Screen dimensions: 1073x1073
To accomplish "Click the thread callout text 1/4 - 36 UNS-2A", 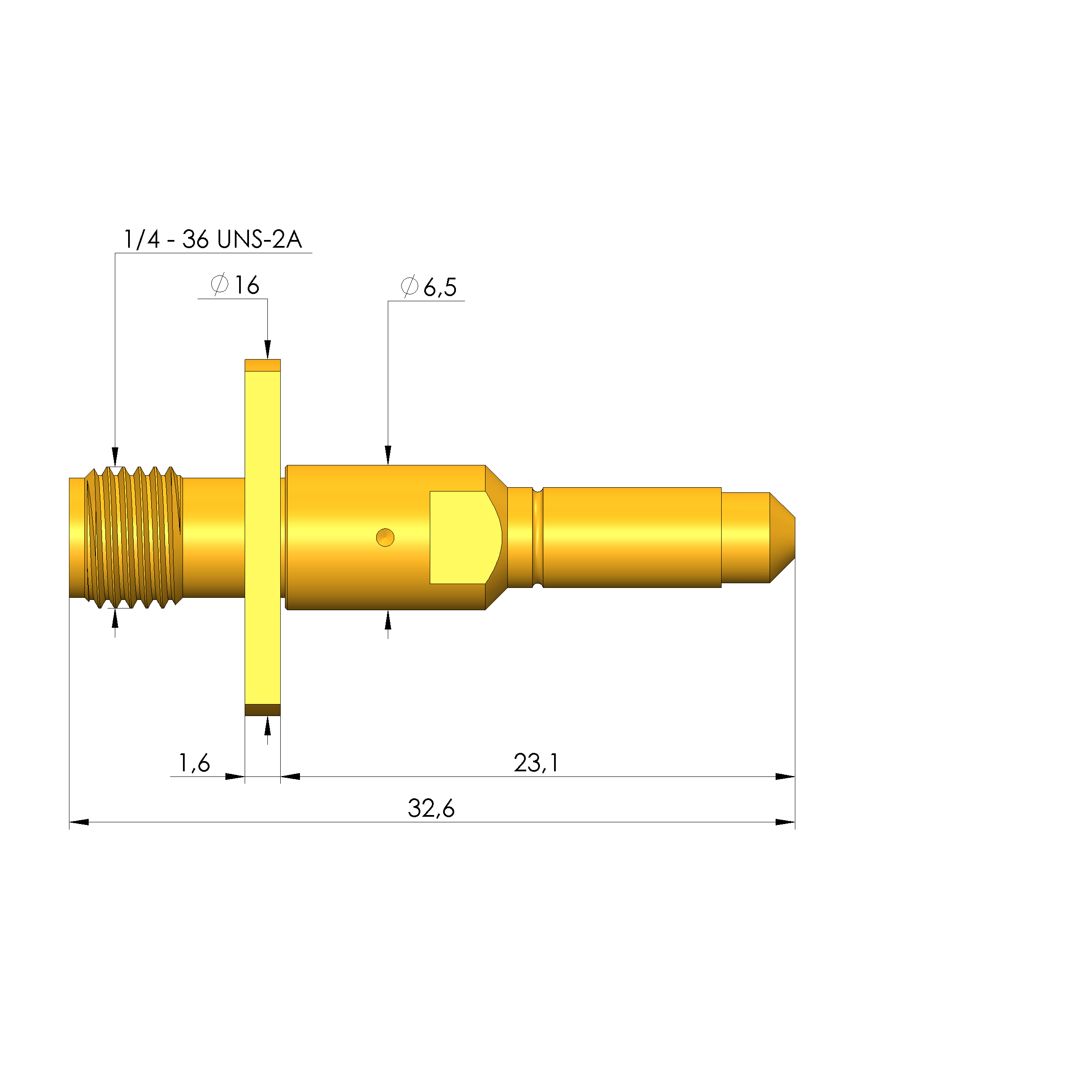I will tap(212, 240).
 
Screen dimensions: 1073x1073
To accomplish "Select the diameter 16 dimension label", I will tap(235, 285).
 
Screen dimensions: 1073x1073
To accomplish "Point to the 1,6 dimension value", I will tap(194, 763).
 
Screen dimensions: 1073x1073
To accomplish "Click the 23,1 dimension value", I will tap(536, 763).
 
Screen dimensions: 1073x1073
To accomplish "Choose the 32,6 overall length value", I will tap(431, 809).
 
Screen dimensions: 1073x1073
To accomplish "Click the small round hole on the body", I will tap(385, 538).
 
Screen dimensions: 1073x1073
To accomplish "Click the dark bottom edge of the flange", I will tap(263, 710).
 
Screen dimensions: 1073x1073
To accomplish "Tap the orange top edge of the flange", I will tap(263, 365).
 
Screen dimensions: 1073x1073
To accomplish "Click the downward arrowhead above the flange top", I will tap(268, 350).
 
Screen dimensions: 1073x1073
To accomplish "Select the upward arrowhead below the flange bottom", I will tap(268, 725).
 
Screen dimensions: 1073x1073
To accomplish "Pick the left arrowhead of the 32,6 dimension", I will tap(79, 822).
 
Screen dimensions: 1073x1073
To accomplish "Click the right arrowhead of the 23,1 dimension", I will tap(785, 777).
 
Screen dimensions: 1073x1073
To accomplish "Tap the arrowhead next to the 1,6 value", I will tap(234, 777).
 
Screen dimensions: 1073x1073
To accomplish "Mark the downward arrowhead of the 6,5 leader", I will tap(388, 455).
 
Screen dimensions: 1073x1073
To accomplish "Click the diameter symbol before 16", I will tap(219, 285).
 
